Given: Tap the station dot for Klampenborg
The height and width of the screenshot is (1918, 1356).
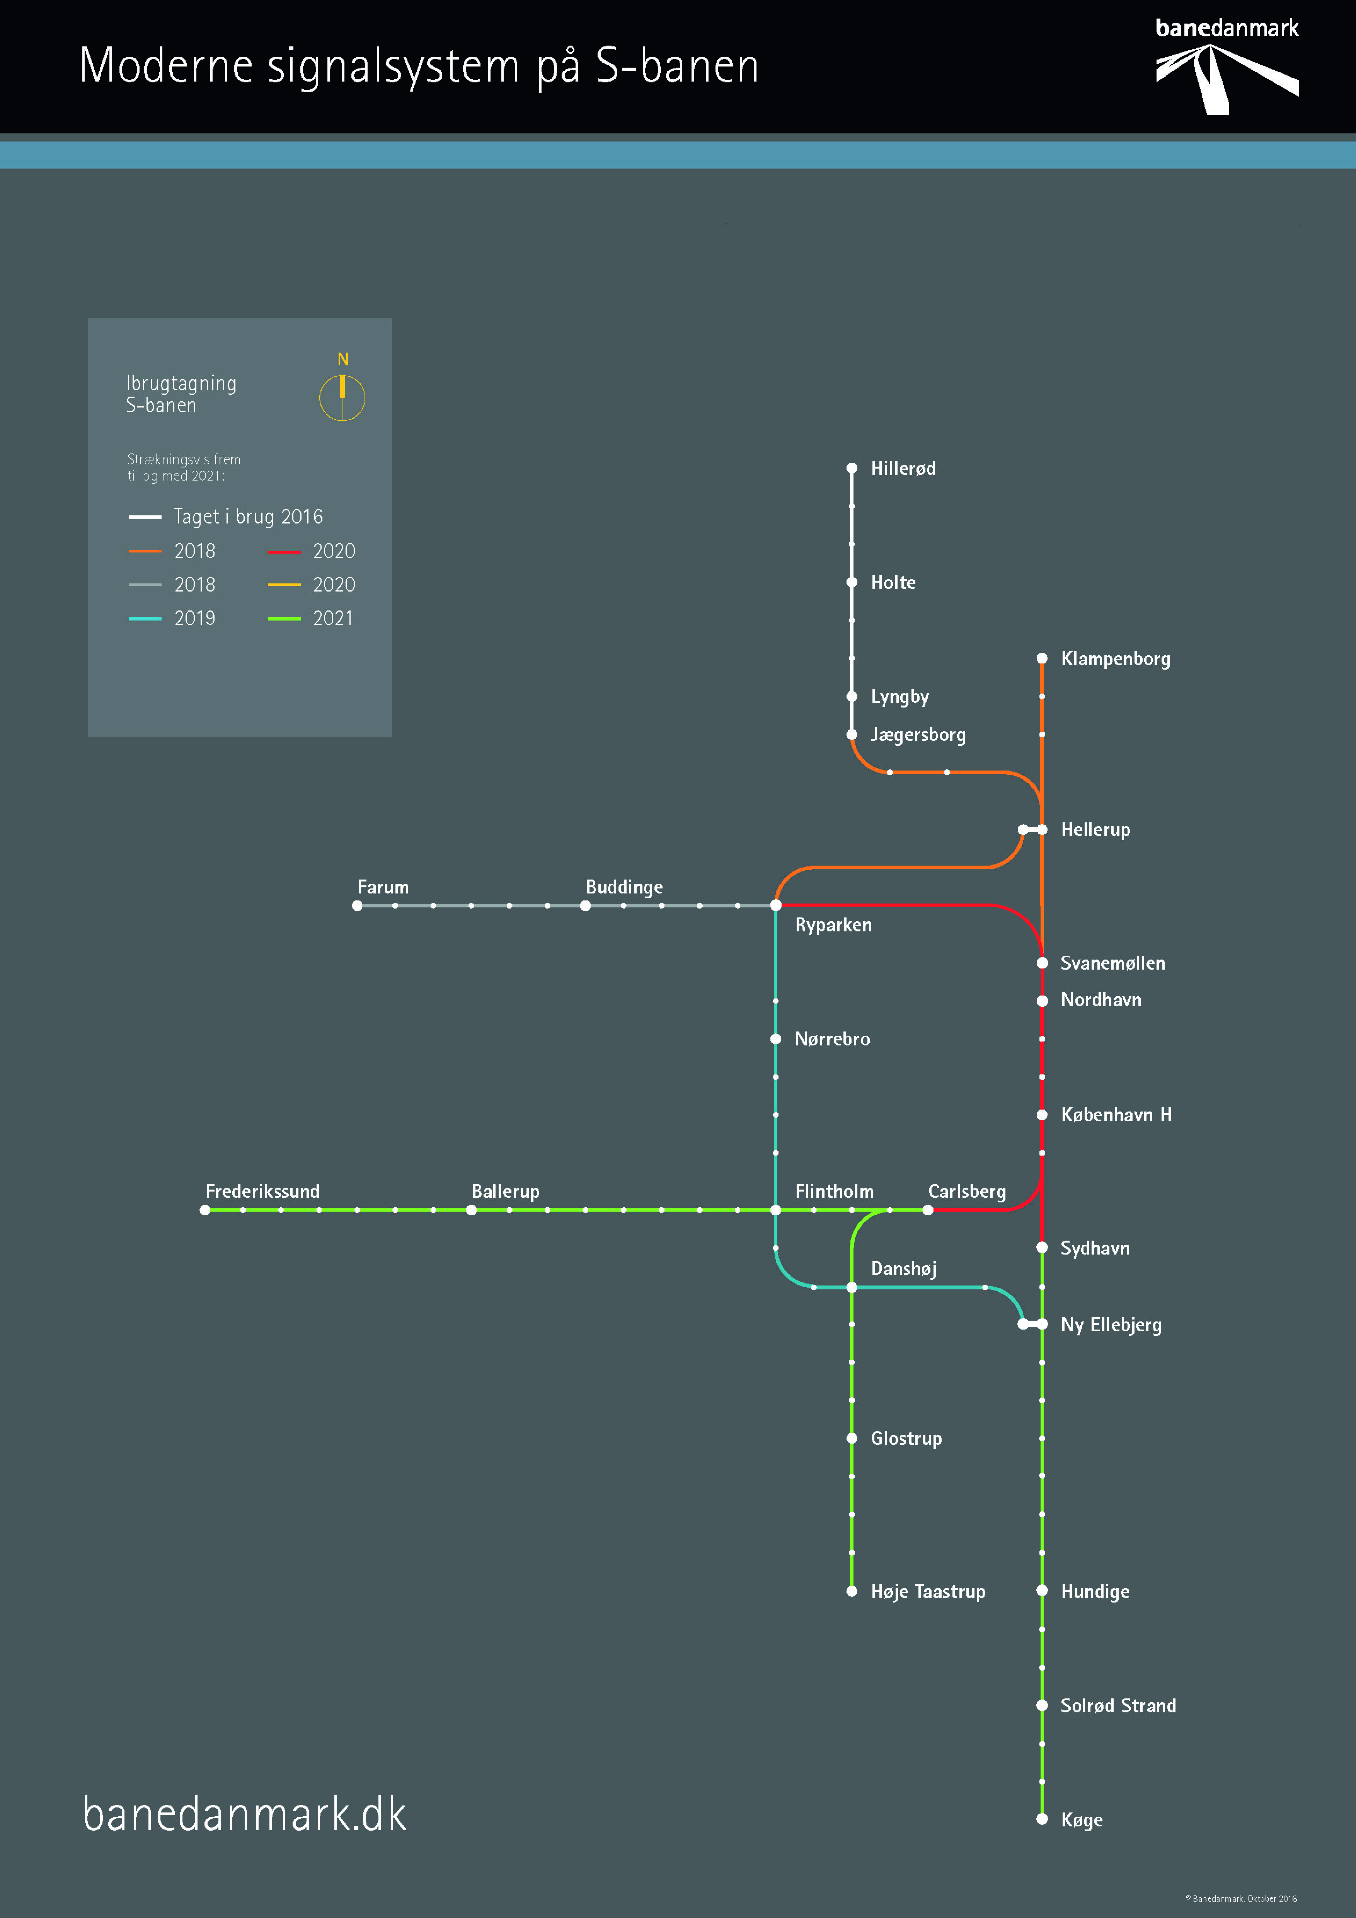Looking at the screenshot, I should (x=1042, y=658).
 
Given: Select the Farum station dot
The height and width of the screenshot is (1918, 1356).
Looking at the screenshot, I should (x=358, y=905).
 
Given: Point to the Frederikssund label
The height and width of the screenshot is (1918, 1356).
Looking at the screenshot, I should (x=262, y=1191).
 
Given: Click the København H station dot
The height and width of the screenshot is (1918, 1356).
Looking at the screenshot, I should (x=1042, y=1114).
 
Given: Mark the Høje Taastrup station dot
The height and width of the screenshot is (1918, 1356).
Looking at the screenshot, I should (x=852, y=1591).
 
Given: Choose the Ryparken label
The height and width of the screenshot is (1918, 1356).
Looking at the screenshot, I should (x=833, y=925).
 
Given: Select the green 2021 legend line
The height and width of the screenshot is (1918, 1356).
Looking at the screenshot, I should (x=284, y=619).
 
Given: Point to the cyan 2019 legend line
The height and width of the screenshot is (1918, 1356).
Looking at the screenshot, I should (x=145, y=619).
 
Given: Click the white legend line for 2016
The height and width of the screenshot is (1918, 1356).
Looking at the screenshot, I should (x=145, y=517).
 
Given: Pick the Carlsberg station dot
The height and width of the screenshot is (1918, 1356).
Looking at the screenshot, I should (x=928, y=1210).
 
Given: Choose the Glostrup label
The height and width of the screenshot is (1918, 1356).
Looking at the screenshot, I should (x=906, y=1439).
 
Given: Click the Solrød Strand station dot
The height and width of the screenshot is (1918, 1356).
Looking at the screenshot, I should (x=1042, y=1705).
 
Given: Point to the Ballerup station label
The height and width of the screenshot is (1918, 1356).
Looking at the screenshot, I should (x=505, y=1191).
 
